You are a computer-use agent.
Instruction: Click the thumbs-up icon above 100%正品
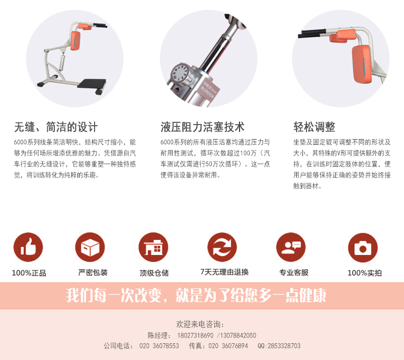[28, 247]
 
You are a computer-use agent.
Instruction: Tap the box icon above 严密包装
[90, 247]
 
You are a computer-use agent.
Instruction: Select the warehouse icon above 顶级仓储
[154, 247]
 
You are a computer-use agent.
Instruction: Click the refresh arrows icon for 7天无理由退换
[222, 247]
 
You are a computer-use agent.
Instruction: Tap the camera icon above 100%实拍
[363, 247]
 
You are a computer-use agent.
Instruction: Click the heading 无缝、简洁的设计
[56, 127]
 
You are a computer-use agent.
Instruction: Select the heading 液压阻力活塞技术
[202, 127]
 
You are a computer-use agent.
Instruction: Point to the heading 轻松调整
[315, 127]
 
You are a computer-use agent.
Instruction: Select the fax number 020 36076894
[228, 346]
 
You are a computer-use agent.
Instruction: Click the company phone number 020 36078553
[159, 346]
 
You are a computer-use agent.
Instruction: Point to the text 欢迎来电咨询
[200, 324]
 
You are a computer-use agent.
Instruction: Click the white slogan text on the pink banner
[196, 295]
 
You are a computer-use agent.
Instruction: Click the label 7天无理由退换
[225, 272]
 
